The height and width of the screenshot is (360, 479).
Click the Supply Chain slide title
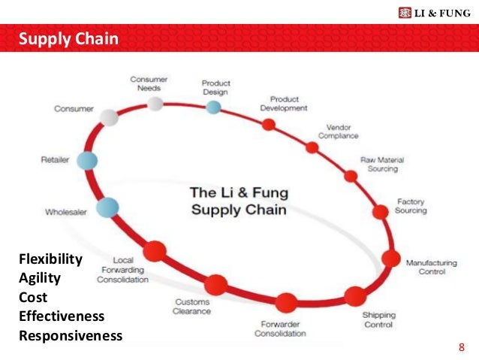68,38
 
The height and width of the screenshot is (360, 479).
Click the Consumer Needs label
149,83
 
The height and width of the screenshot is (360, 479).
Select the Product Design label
215,87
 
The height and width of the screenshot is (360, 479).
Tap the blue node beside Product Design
214,107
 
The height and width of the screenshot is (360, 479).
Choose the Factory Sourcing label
411,207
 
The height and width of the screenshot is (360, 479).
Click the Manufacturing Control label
431,267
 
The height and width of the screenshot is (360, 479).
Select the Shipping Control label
379,319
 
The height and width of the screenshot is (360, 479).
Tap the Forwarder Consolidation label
279,328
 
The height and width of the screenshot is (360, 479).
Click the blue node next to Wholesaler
107,207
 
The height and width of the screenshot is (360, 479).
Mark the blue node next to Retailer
87,160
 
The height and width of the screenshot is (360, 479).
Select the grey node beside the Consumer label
110,117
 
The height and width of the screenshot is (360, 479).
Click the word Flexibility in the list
50,259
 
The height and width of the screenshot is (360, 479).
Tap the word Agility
39,278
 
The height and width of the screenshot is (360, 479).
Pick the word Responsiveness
70,336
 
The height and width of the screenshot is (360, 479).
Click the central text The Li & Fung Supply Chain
238,201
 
